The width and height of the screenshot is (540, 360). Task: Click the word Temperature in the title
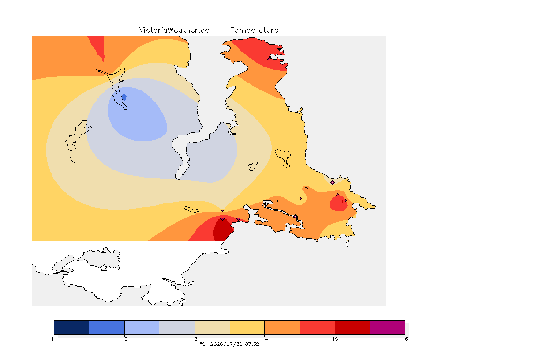(x=254, y=30)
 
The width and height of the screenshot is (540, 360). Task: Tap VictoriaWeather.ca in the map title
(x=174, y=30)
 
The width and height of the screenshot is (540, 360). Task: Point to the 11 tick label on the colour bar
(x=54, y=339)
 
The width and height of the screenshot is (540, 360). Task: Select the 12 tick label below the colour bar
(x=124, y=339)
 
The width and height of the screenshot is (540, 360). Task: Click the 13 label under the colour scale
(x=195, y=339)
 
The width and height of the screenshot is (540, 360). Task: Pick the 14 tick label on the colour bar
(x=264, y=339)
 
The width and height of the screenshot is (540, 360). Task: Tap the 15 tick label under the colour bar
(x=335, y=339)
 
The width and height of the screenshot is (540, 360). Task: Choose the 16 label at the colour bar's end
(x=405, y=339)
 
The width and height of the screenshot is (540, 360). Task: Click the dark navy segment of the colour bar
(x=72, y=327)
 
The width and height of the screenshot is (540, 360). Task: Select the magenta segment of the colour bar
(x=388, y=327)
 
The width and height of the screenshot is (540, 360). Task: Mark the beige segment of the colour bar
(x=212, y=327)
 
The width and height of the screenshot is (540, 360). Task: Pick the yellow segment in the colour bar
(x=247, y=327)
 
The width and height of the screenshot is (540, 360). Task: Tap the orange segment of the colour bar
(x=282, y=327)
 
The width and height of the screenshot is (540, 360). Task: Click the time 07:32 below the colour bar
(x=252, y=344)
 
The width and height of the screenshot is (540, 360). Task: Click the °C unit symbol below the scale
(x=202, y=344)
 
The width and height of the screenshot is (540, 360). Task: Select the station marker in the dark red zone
(x=223, y=219)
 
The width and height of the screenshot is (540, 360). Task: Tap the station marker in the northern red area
(x=270, y=59)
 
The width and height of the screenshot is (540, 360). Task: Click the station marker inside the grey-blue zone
(x=212, y=149)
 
